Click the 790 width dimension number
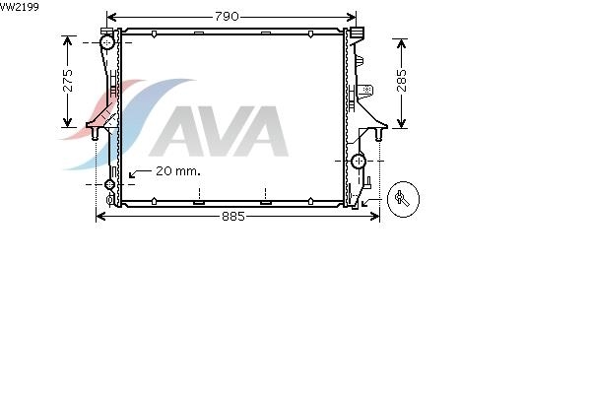[x=227, y=16]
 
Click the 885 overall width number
[x=233, y=217]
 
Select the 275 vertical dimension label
[x=68, y=81]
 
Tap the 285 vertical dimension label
[x=402, y=81]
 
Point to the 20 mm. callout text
[x=178, y=171]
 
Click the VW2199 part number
[x=20, y=7]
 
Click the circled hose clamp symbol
[x=403, y=199]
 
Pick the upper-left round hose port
[x=107, y=42]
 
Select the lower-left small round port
[x=109, y=184]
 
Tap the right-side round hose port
[x=359, y=162]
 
